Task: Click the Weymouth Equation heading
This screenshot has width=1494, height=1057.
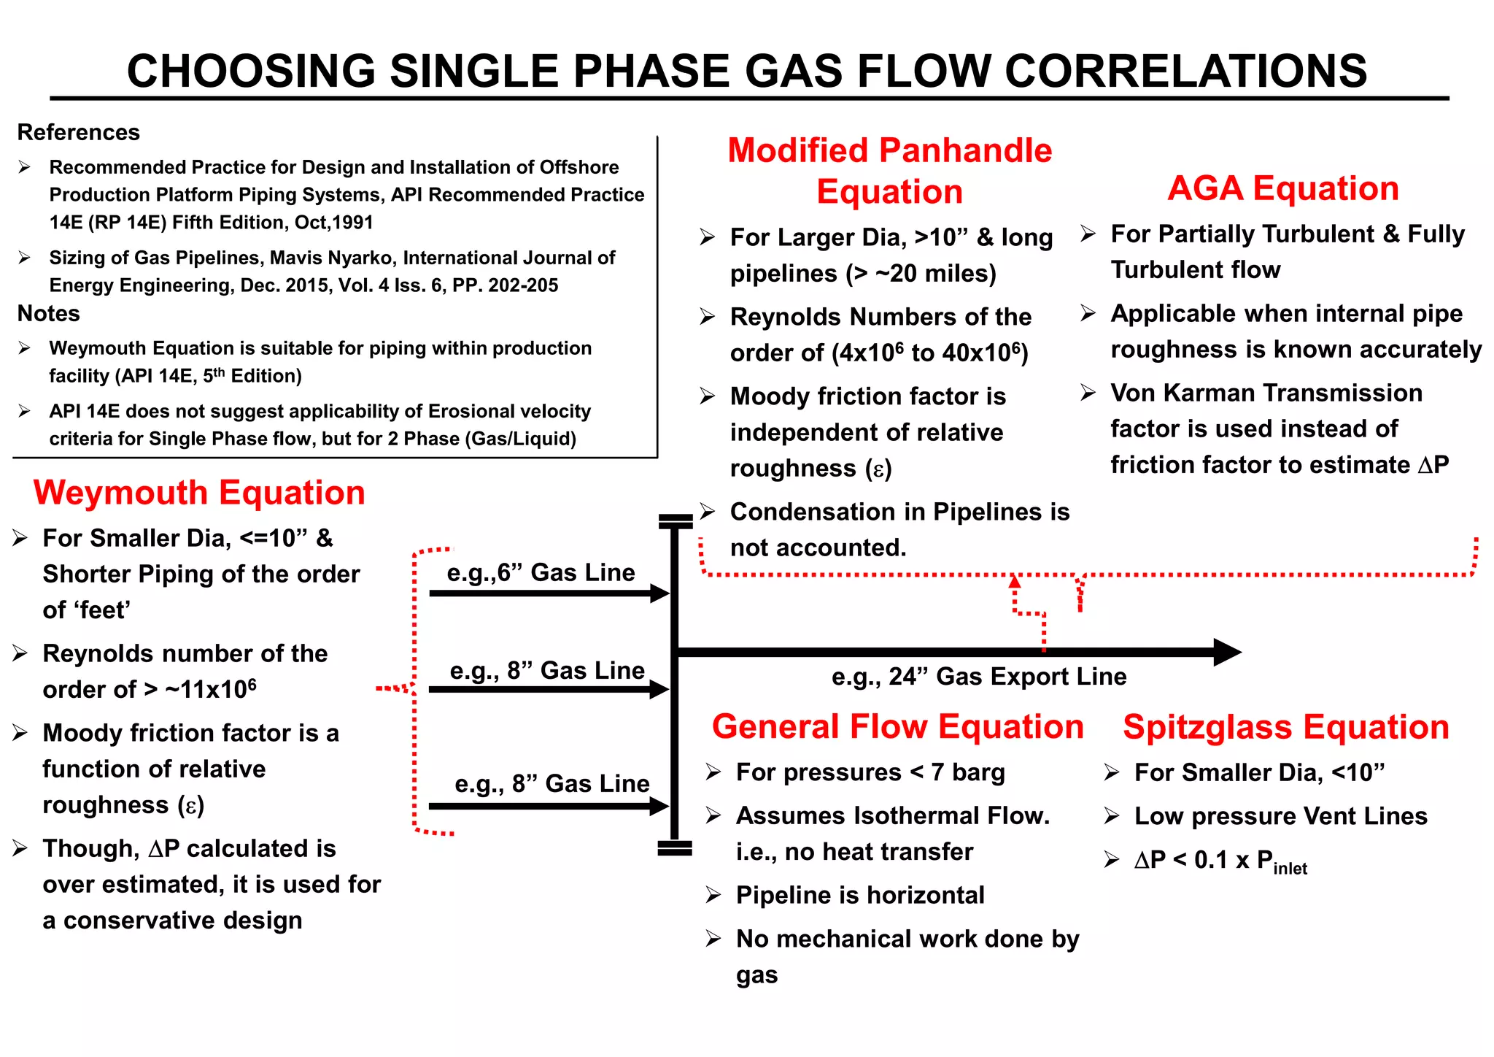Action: pos(199,493)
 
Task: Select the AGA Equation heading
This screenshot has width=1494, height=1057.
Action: pos(1283,188)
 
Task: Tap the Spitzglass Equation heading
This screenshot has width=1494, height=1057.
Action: pos(1285,727)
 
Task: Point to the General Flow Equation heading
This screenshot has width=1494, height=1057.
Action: pos(897,727)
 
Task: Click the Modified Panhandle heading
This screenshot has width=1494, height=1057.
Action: pos(889,151)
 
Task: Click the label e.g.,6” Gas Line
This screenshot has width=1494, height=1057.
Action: pos(541,572)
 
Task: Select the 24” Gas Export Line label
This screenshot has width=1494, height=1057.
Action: pos(979,677)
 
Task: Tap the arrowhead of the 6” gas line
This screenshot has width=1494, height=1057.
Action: pos(659,593)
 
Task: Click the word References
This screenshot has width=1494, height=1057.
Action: pos(79,132)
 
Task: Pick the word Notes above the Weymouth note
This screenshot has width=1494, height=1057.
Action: pos(48,313)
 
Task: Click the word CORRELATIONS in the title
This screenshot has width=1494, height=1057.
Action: pos(1185,71)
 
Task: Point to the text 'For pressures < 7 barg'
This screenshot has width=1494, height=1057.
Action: pos(870,772)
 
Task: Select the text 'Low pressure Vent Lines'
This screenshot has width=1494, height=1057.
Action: pos(1280,816)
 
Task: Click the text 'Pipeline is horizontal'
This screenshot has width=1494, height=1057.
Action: pos(860,895)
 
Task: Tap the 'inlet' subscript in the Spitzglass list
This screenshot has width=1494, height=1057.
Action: pos(1290,868)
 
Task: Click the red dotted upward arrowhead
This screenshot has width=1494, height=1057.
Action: pos(1015,582)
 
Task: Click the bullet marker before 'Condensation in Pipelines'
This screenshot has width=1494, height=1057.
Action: pos(707,512)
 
